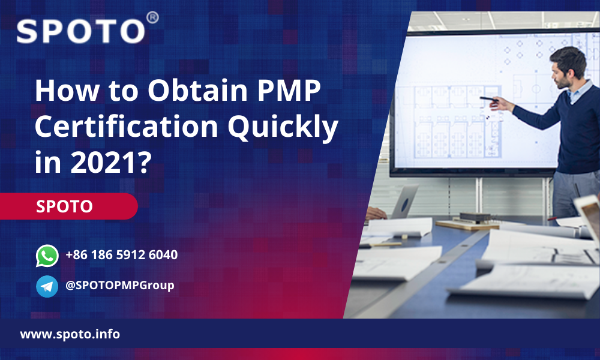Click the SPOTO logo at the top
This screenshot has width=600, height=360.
[x=81, y=31]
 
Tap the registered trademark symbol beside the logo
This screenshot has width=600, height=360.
[x=152, y=17]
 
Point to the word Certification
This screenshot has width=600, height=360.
[x=127, y=126]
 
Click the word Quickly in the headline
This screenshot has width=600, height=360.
[x=283, y=127]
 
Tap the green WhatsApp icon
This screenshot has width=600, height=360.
[x=47, y=256]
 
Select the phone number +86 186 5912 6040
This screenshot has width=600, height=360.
[x=122, y=255]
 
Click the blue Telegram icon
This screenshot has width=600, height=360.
[x=47, y=286]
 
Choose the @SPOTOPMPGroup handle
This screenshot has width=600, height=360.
[x=120, y=286]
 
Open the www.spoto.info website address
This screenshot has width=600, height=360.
[x=70, y=334]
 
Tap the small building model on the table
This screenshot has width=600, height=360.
[x=475, y=218]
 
